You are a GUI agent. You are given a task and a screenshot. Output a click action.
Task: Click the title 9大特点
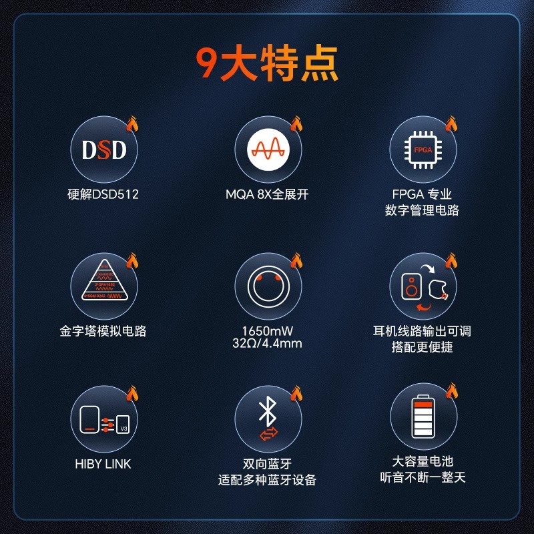pyautogui.click(x=267, y=64)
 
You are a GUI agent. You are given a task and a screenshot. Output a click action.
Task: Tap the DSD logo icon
pyautogui.click(x=104, y=150)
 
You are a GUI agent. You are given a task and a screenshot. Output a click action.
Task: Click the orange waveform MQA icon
pyautogui.click(x=267, y=150)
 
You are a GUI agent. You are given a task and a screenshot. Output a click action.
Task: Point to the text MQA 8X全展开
pyautogui.click(x=267, y=195)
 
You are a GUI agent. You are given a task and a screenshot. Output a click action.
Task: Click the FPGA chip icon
pyautogui.click(x=423, y=150)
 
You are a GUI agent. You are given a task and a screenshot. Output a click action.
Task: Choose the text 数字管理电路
pyautogui.click(x=422, y=210)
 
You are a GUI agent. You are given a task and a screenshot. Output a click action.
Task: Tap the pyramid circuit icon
pyautogui.click(x=104, y=286)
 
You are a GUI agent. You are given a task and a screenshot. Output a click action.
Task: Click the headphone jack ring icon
pyautogui.click(x=267, y=286)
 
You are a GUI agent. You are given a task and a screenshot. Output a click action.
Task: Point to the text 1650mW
pyautogui.click(x=267, y=330)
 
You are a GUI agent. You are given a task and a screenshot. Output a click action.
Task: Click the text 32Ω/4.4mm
pyautogui.click(x=267, y=344)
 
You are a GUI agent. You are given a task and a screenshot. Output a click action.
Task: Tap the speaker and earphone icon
pyautogui.click(x=423, y=286)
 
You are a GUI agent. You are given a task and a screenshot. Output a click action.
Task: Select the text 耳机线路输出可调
pyautogui.click(x=422, y=331)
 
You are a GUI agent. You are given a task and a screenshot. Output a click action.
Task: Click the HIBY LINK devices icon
pyautogui.click(x=104, y=419)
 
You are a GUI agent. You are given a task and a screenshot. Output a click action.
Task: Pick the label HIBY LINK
pyautogui.click(x=103, y=464)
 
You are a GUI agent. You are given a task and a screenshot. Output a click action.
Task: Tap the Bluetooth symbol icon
pyautogui.click(x=267, y=419)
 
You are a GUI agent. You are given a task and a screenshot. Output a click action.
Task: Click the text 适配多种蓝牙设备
pyautogui.click(x=267, y=480)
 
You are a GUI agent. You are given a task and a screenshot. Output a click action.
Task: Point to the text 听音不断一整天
pyautogui.click(x=422, y=477)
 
